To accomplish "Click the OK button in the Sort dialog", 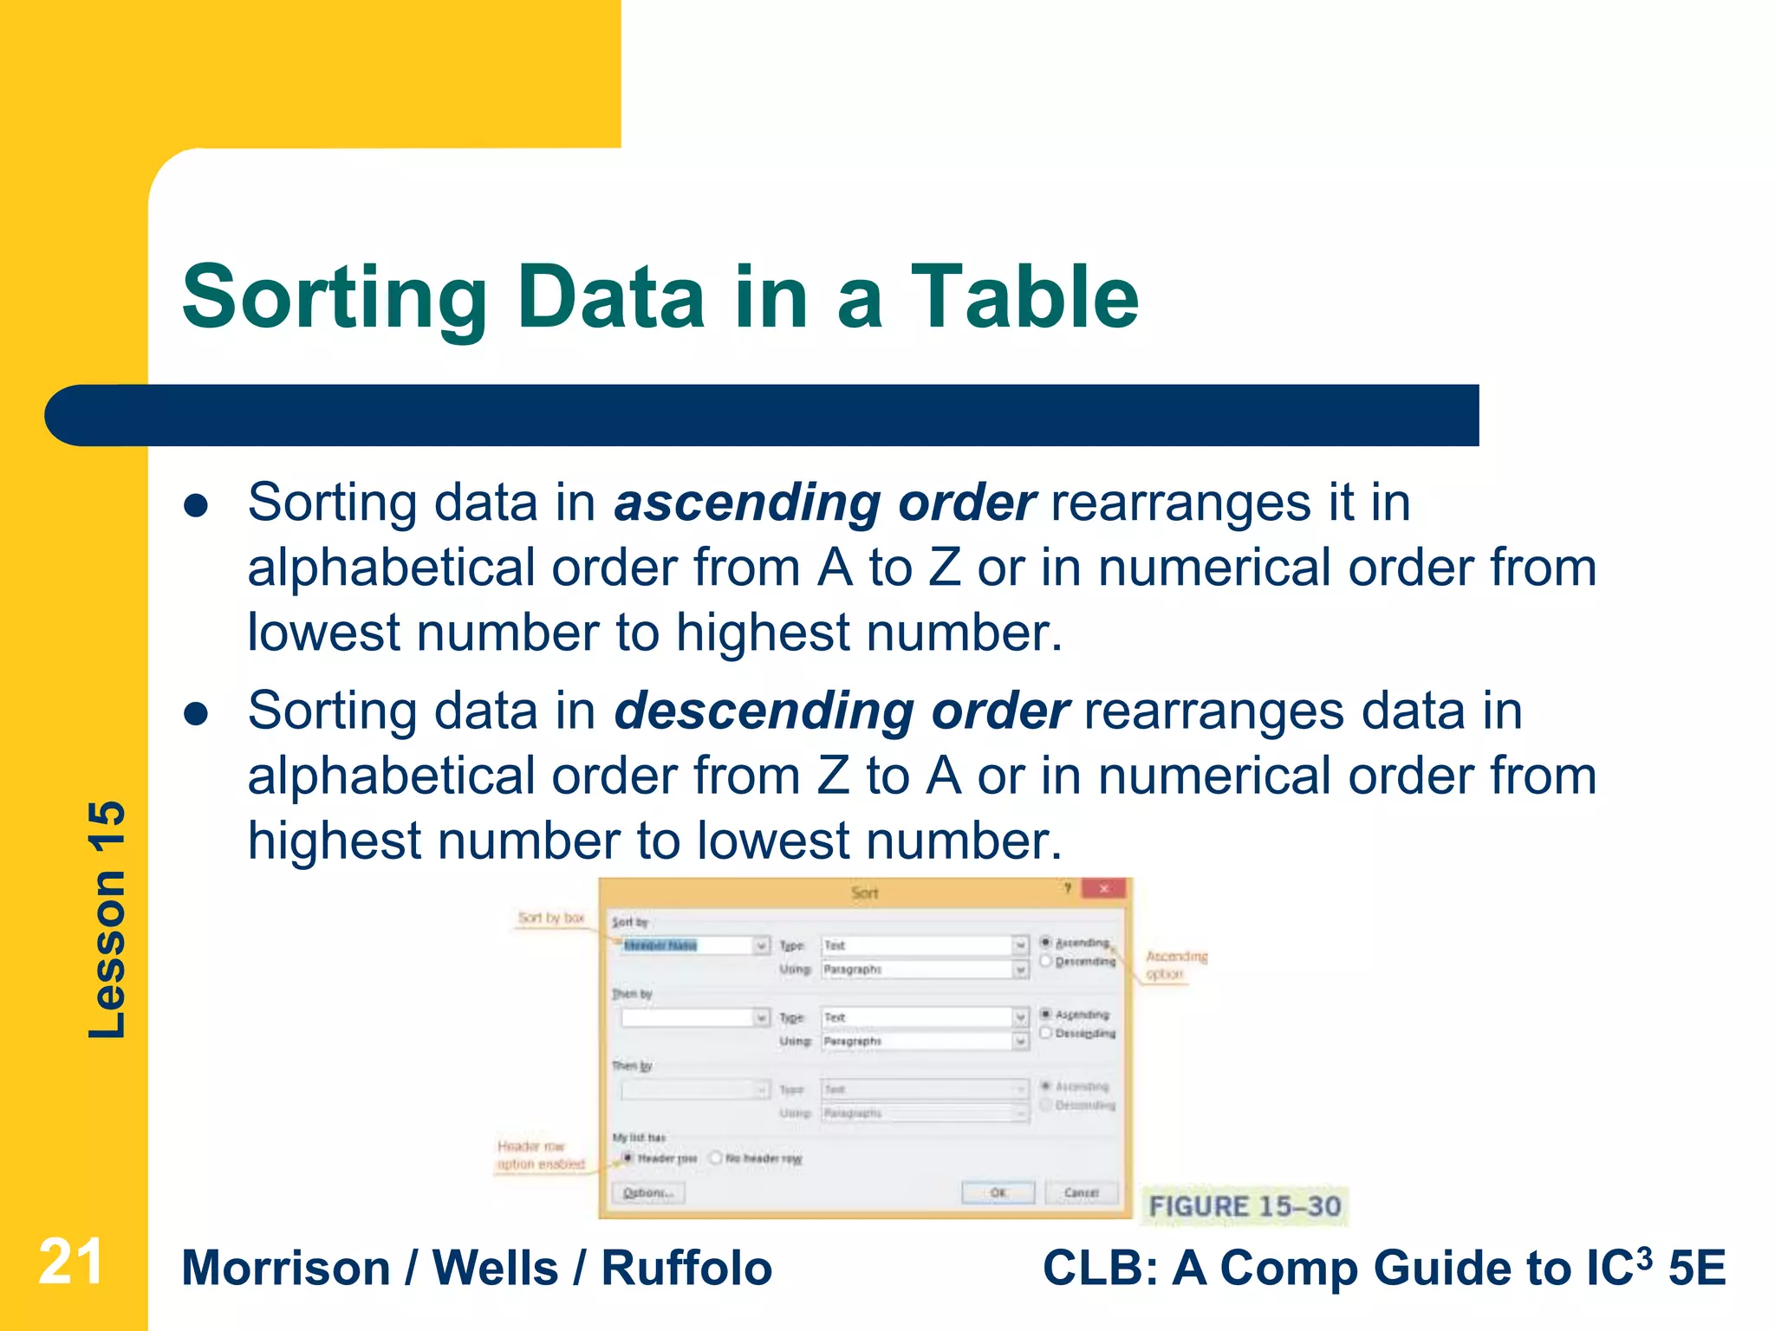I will [998, 1193].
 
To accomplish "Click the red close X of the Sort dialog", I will [1103, 889].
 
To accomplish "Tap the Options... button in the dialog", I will [648, 1193].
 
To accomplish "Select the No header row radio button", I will [717, 1158].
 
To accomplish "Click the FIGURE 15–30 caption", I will [1244, 1206].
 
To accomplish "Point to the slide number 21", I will [71, 1263].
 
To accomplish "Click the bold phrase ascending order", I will [824, 503].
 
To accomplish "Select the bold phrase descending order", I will [842, 711].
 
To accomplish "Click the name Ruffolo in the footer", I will [686, 1269].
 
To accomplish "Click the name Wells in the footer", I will [495, 1269].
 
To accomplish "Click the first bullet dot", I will [197, 506].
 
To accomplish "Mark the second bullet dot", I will [197, 714].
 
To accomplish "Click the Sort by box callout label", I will [551, 918].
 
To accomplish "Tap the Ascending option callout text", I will [1175, 964].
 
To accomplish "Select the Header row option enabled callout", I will [541, 1155].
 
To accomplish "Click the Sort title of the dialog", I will [864, 893].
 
